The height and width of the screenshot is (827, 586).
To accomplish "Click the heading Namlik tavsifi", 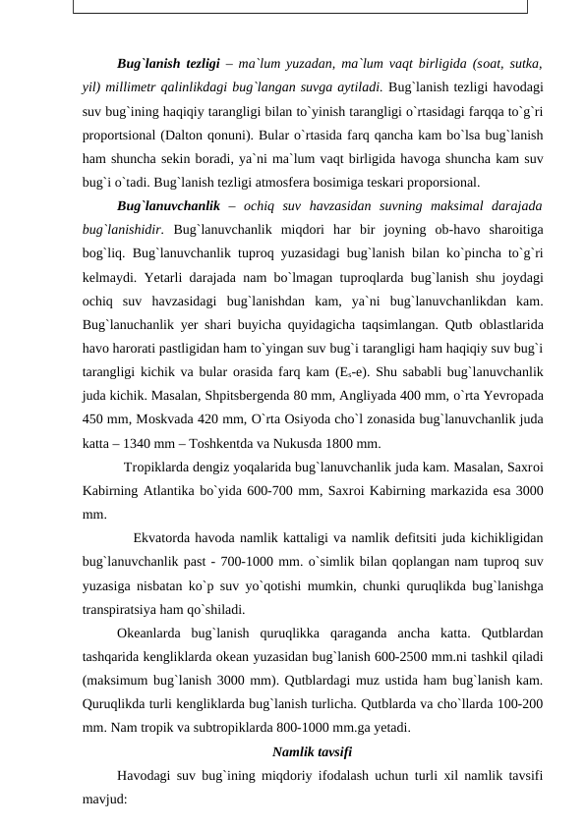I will [x=312, y=752].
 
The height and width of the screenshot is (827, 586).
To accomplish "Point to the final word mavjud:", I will [x=106, y=799].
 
